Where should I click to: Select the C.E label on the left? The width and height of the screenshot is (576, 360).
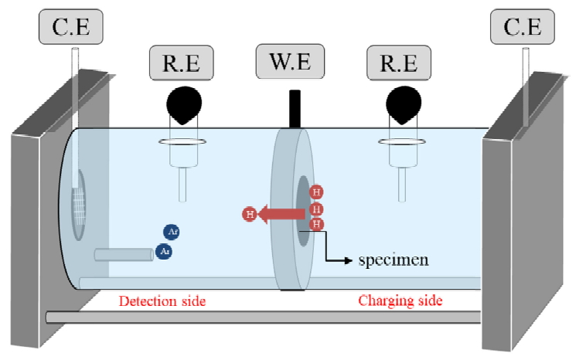(x=70, y=28)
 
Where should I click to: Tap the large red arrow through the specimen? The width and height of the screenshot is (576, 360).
(x=278, y=213)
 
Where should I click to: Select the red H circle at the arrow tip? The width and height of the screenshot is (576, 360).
(x=249, y=214)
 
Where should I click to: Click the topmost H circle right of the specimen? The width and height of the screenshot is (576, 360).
(x=315, y=192)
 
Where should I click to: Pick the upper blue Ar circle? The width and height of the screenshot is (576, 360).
(x=172, y=232)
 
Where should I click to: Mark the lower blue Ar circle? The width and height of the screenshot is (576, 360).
(x=163, y=250)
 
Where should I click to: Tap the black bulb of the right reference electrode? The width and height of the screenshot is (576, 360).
(x=401, y=104)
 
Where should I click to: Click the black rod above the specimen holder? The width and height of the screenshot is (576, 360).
(x=295, y=107)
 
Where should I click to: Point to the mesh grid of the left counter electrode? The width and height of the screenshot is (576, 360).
(x=80, y=205)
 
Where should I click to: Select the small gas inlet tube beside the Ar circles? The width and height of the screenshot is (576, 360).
(x=124, y=254)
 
